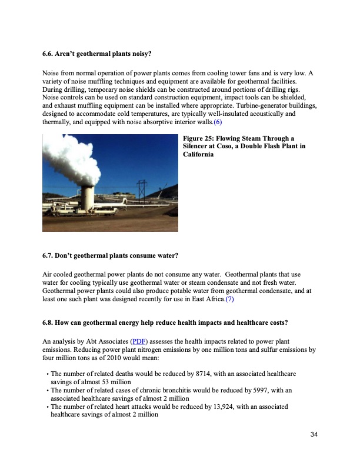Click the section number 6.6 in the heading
pos(49,54)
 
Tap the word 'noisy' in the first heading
pos(139,54)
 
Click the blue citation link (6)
pos(218,122)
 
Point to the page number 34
pos(314,434)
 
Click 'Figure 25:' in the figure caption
pos(200,138)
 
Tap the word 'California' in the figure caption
pos(200,155)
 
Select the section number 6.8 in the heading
pos(49,323)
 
